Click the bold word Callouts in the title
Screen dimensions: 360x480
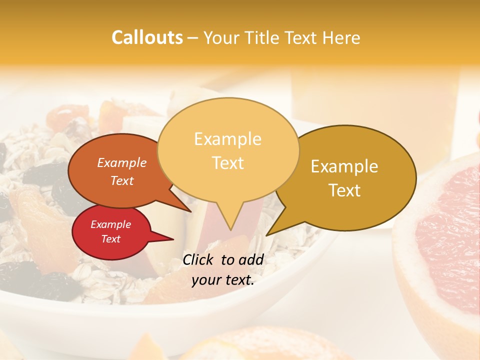[147, 37]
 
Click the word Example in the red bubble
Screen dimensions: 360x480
[110, 224]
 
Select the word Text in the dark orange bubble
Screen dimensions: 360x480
[122, 181]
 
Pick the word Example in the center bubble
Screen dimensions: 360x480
[227, 139]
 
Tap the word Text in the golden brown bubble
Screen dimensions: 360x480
[344, 190]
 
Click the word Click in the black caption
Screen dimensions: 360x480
[198, 259]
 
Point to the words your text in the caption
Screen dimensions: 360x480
[223, 280]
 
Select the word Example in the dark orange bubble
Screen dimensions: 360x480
[122, 162]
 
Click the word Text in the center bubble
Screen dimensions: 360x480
[228, 163]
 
